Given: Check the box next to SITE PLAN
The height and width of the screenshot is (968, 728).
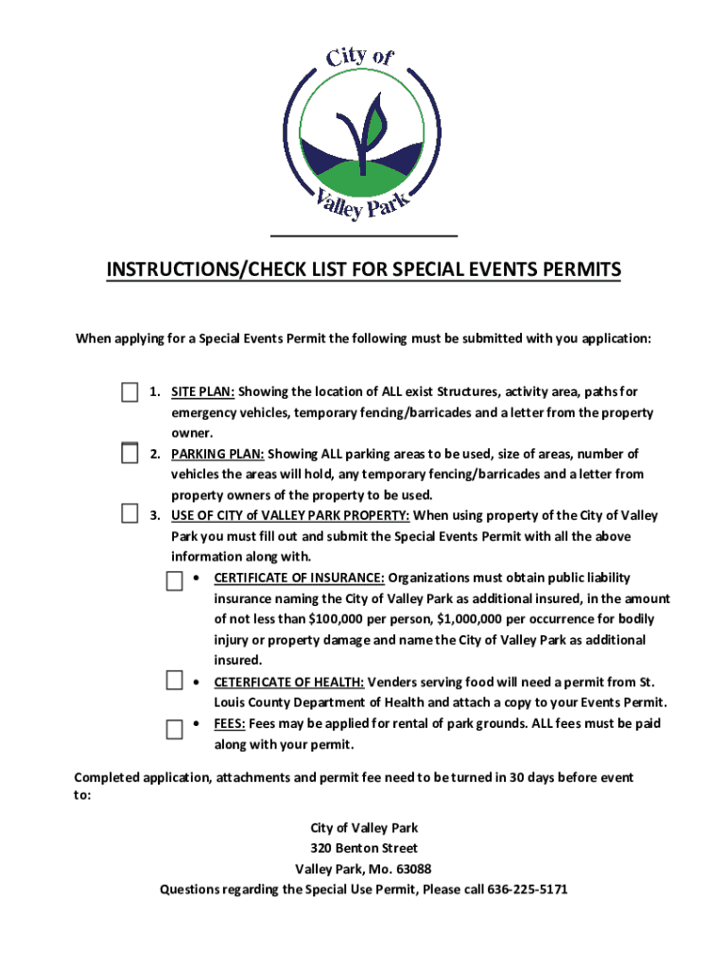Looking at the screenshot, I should coord(130,392).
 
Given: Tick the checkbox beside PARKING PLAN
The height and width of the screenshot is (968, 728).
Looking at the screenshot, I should coord(130,454).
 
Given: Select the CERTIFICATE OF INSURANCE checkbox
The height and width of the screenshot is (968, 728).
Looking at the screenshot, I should coord(174,580).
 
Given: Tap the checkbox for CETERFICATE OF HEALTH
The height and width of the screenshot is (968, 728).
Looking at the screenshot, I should coord(174,681).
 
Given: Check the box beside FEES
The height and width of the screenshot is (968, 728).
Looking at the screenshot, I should coord(174,729).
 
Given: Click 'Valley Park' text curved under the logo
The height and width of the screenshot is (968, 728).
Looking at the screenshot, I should coord(364,200).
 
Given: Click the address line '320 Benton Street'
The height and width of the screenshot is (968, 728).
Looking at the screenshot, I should coord(364,848).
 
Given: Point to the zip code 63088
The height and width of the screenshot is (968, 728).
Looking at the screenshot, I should coord(413,869).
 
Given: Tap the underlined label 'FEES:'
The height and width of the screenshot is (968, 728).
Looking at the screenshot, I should coord(230,723).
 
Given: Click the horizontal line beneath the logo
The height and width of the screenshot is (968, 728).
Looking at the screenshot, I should coord(364,235).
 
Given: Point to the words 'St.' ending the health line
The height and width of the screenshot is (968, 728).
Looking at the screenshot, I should coord(647,682).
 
